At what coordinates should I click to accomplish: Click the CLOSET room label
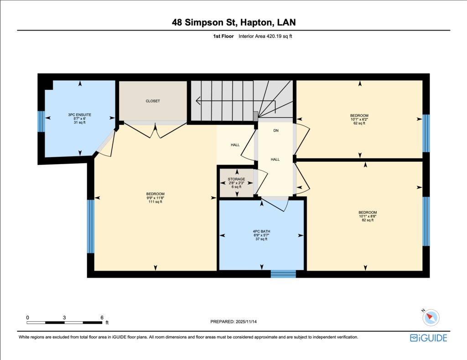pyautogui.click(x=153, y=101)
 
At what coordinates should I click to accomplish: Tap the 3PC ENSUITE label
pyautogui.click(x=79, y=115)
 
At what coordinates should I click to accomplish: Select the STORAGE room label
pyautogui.click(x=237, y=179)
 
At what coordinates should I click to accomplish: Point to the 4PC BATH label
pyautogui.click(x=261, y=231)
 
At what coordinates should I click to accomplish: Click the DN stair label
pyautogui.click(x=276, y=131)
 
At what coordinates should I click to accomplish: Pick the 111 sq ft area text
pyautogui.click(x=156, y=202)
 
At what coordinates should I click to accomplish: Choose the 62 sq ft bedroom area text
pyautogui.click(x=359, y=123)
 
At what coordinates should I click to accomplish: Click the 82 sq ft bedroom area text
pyautogui.click(x=368, y=220)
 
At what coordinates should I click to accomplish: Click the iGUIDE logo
pyautogui.click(x=429, y=338)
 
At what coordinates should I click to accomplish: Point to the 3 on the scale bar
pyautogui.click(x=64, y=318)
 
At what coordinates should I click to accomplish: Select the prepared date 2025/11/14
pyautogui.click(x=246, y=322)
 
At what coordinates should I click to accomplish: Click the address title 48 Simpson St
pyautogui.click(x=204, y=22)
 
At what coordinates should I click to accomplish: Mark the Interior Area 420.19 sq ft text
pyautogui.click(x=265, y=36)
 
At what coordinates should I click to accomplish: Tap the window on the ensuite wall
pyautogui.click(x=41, y=121)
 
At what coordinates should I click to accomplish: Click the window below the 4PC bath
pyautogui.click(x=283, y=274)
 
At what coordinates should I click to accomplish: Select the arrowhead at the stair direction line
pyautogui.click(x=198, y=101)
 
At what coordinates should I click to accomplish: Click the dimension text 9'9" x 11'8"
pyautogui.click(x=156, y=198)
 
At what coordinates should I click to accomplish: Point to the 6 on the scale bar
pyautogui.click(x=102, y=318)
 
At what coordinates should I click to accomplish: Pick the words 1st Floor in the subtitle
pyautogui.click(x=223, y=36)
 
